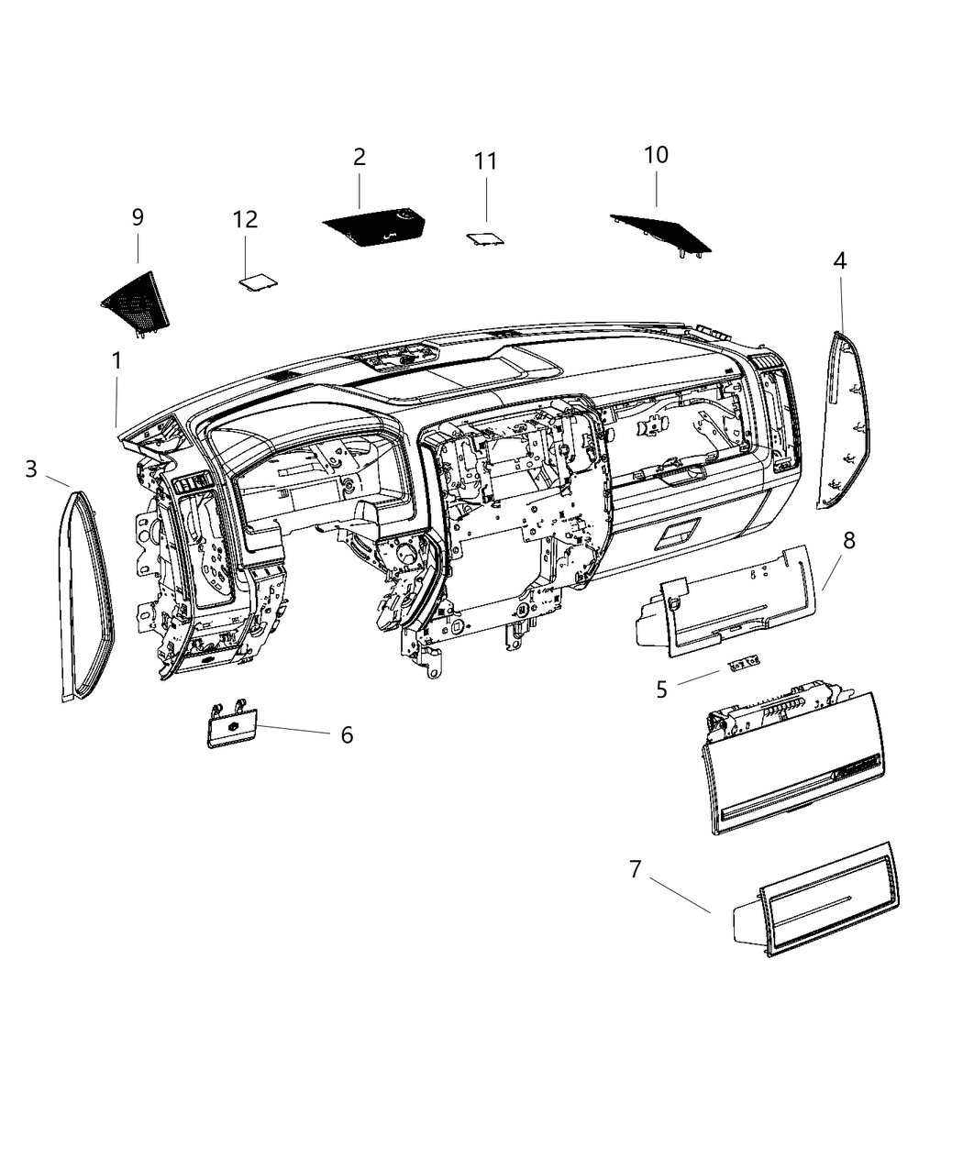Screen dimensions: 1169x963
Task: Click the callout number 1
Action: point(116,361)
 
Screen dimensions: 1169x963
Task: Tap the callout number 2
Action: point(360,157)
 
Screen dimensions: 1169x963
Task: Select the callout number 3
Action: point(31,469)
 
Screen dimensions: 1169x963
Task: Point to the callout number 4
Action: point(839,261)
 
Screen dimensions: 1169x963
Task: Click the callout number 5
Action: point(661,689)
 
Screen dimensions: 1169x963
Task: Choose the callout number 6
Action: point(347,734)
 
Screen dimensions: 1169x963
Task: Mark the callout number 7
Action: point(636,868)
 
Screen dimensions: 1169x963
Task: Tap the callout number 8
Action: point(848,541)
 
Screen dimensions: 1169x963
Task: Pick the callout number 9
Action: point(138,217)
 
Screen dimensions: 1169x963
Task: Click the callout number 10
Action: point(656,155)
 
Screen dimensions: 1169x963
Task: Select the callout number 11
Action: point(485,161)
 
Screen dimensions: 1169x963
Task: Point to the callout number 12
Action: point(245,220)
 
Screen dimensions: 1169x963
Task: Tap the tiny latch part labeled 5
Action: point(745,663)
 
